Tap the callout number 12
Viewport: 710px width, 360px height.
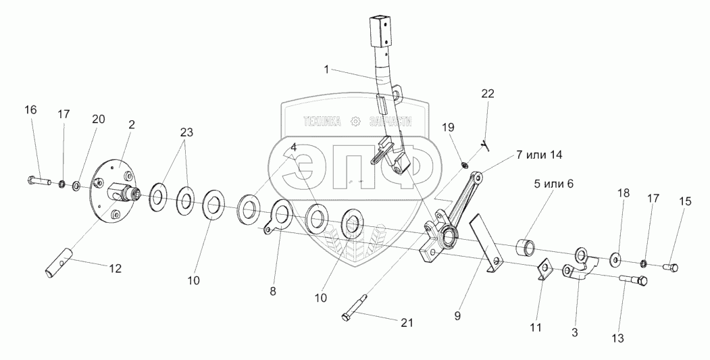click(x=115, y=268)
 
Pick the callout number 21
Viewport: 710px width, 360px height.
click(x=405, y=322)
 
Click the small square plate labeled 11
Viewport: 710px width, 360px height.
click(x=544, y=272)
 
